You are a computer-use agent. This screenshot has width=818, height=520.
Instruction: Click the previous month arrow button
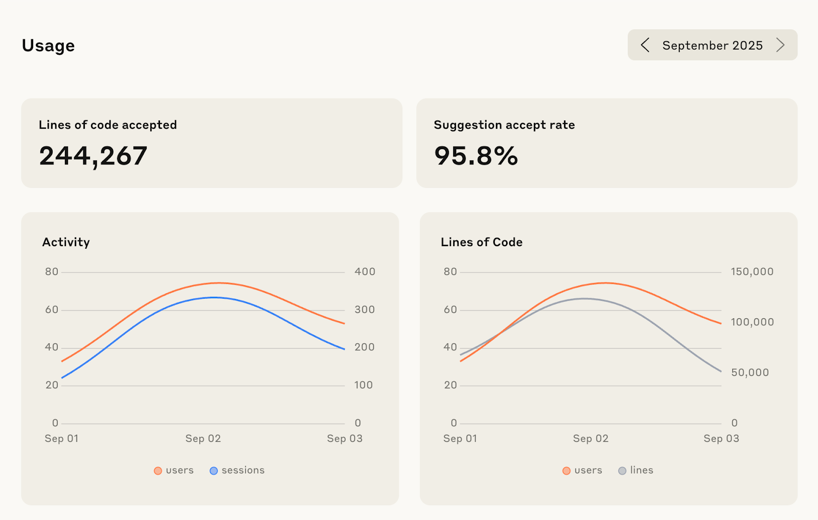645,45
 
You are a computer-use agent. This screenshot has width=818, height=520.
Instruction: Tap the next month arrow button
780,45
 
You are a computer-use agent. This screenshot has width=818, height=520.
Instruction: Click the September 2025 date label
712,45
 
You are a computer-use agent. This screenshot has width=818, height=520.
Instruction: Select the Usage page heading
49,46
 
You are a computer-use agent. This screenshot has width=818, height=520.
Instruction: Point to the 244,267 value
93,156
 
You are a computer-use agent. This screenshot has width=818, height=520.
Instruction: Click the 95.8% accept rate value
476,156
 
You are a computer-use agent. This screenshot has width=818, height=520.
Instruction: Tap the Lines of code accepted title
108,125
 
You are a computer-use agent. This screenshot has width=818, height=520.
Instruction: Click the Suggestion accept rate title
504,125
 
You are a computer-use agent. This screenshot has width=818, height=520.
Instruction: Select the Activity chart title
66,242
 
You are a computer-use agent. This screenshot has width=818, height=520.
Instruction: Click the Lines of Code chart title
482,242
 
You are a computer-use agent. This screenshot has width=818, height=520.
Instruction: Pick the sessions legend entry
237,470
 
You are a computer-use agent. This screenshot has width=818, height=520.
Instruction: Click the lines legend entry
636,470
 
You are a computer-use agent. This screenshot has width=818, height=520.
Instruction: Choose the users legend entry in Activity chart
174,470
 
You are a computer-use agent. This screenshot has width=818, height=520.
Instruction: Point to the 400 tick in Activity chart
365,272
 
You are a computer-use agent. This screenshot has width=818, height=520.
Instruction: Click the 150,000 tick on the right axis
752,272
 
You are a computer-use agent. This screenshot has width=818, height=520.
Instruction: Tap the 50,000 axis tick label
750,373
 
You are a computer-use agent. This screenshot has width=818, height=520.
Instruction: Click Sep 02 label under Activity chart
203,439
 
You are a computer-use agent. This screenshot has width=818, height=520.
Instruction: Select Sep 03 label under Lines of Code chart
721,439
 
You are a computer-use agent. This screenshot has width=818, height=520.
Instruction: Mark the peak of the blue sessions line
215,297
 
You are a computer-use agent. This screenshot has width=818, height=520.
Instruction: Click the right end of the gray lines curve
721,371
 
